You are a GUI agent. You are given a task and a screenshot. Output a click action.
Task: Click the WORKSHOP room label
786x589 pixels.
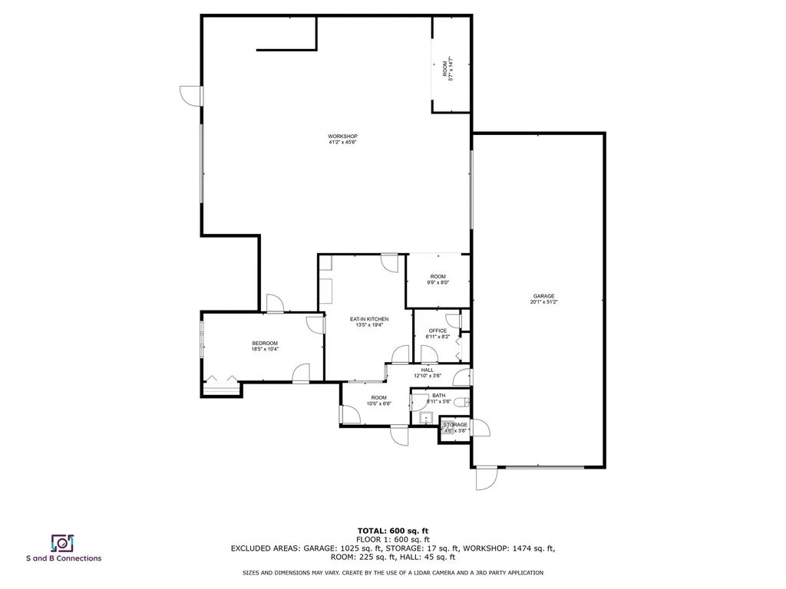[x=343, y=137]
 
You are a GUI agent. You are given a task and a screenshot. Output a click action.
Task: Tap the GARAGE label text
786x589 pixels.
[x=544, y=296]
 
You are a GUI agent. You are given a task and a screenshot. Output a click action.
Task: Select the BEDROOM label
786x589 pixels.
[x=265, y=343]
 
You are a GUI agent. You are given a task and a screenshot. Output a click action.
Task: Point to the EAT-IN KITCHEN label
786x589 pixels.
[x=369, y=319]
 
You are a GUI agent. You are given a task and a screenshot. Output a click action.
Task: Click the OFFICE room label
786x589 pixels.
[x=438, y=331]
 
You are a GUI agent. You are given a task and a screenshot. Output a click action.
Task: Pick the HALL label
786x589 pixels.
[x=428, y=370]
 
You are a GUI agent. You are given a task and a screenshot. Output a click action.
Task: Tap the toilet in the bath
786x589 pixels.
[x=462, y=401]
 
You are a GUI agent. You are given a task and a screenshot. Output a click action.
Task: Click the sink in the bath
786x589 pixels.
[x=426, y=418]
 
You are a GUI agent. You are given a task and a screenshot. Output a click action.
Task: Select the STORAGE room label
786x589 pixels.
[x=454, y=424]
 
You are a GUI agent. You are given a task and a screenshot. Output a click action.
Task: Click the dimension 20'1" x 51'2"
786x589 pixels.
[x=544, y=302]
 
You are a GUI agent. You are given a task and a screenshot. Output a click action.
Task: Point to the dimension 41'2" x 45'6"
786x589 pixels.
[x=343, y=143]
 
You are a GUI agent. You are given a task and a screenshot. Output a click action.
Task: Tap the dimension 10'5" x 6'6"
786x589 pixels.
[x=379, y=403]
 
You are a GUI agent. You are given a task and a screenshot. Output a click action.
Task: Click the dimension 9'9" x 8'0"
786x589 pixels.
[x=438, y=282]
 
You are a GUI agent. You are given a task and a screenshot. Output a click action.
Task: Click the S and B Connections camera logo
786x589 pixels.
[x=62, y=543]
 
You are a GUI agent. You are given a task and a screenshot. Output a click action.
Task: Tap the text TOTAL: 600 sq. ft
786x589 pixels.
[x=393, y=531]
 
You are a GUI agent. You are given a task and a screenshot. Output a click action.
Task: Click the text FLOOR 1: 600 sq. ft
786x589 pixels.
[x=393, y=540]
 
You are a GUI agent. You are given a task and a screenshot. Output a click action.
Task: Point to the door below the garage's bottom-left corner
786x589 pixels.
[x=486, y=479]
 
